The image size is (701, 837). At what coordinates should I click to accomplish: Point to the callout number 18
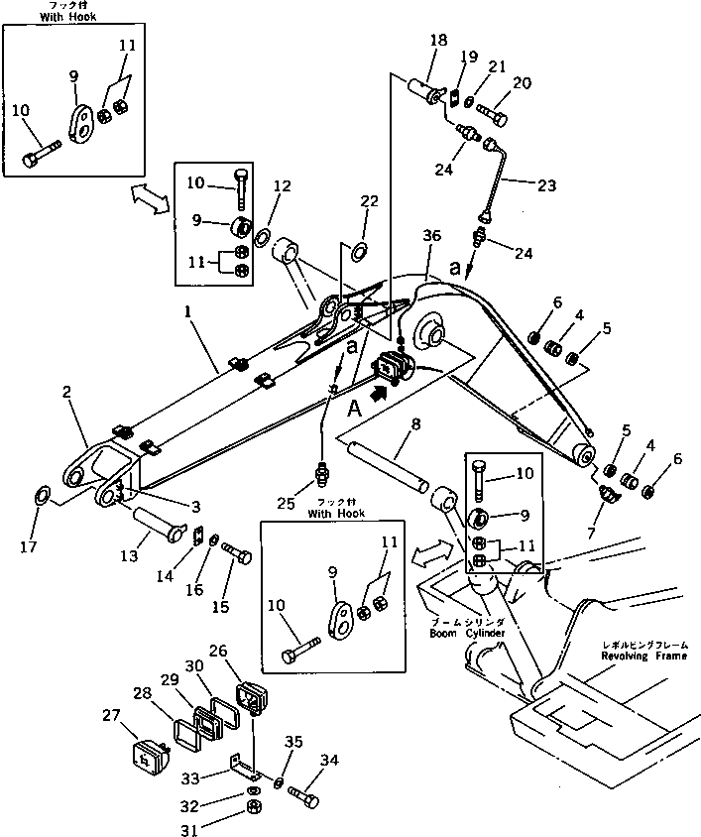point(438,41)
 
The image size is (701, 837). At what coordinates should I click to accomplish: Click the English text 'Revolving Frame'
point(651,655)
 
